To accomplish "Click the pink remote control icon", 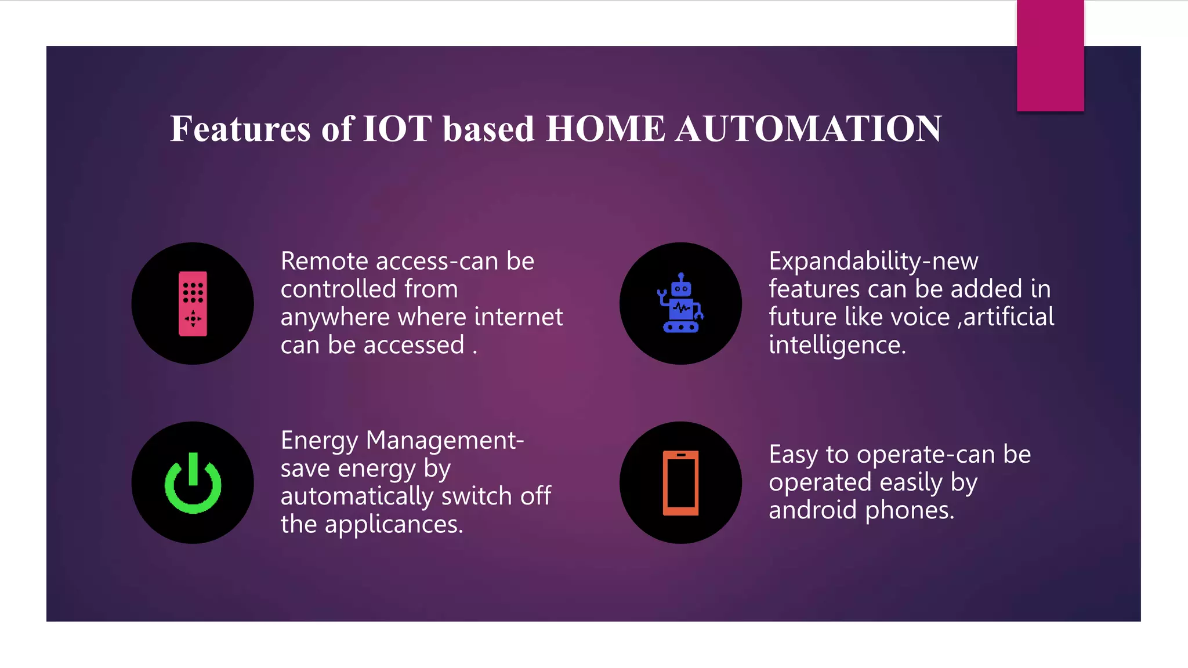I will (x=193, y=303).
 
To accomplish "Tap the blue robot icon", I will (x=680, y=303).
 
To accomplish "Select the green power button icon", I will (x=193, y=483).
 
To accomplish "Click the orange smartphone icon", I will (x=680, y=482).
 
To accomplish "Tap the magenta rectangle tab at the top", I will (x=1050, y=56).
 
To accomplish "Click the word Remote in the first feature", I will (x=325, y=262).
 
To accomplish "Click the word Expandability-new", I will (x=873, y=262).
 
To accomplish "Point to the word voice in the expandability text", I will (x=920, y=317).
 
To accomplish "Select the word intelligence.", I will (x=837, y=346).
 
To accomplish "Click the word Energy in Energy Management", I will (x=319, y=441).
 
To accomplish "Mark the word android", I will (x=813, y=510).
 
